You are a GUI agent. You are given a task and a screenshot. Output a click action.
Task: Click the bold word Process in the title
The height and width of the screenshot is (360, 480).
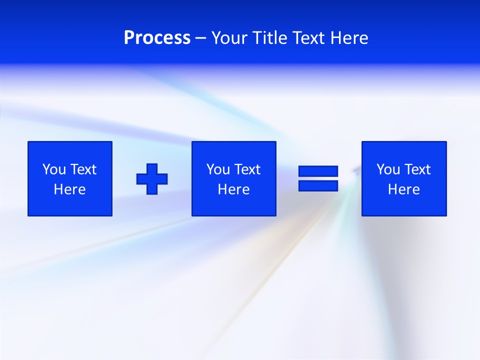[x=157, y=38]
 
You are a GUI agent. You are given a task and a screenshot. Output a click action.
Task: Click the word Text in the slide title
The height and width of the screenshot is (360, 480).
[x=308, y=38]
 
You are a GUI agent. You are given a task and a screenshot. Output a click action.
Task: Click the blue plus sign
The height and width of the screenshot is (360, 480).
[x=152, y=178]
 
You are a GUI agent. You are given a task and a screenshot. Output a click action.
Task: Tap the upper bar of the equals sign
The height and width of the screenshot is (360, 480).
[x=318, y=171]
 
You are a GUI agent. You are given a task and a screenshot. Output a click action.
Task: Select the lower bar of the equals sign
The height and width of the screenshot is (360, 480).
[x=318, y=185]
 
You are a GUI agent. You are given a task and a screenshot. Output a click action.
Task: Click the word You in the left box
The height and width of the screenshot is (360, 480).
[x=53, y=169]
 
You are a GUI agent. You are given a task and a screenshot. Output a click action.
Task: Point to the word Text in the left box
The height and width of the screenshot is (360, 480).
[x=83, y=169]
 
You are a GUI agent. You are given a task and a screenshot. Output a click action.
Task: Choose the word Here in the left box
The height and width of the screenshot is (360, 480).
[x=69, y=189]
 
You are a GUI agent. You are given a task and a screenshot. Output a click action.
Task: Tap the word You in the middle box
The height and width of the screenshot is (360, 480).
[x=217, y=169]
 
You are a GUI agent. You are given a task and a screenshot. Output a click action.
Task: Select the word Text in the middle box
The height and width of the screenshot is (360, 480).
[x=247, y=169]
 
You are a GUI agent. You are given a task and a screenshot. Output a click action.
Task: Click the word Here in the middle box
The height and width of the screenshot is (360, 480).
[x=233, y=189]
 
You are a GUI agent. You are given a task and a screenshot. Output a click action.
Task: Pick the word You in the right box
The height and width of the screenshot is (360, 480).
[x=387, y=169]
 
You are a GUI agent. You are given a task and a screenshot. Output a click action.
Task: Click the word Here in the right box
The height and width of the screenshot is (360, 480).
[x=403, y=189]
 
